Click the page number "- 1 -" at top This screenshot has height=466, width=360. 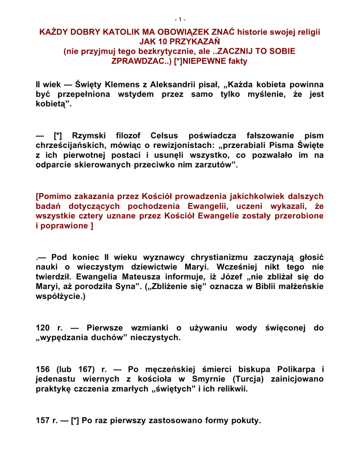click(180, 20)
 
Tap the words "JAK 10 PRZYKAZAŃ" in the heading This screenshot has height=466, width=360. click(179, 42)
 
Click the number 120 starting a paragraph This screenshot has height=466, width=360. click(44, 328)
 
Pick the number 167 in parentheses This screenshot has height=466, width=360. click(84, 369)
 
